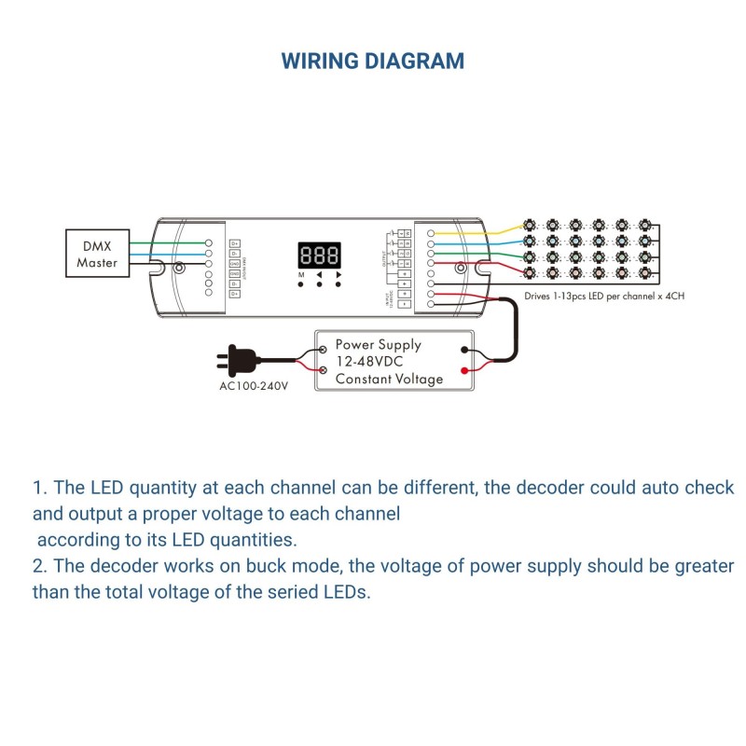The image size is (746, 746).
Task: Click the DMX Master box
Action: pyautogui.click(x=96, y=253)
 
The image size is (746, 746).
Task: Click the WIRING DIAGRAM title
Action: pyautogui.click(x=372, y=62)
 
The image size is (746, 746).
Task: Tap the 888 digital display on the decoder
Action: pyautogui.click(x=319, y=256)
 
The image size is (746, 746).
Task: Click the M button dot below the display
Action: pyautogui.click(x=301, y=284)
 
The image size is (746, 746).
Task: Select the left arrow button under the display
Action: pyautogui.click(x=320, y=284)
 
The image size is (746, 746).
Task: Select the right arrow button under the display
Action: pyautogui.click(x=338, y=284)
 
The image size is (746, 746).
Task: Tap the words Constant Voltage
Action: pyautogui.click(x=389, y=380)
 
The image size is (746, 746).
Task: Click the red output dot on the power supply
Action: pyautogui.click(x=464, y=371)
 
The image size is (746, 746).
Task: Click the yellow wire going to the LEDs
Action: pyautogui.click(x=485, y=229)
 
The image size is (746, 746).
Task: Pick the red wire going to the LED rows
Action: pyautogui.click(x=485, y=264)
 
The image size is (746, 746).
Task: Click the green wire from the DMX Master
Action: pyautogui.click(x=168, y=242)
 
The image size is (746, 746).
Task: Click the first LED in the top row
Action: pyautogui.click(x=530, y=225)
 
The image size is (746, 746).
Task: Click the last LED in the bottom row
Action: pyautogui.click(x=643, y=273)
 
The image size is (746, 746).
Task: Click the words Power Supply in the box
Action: pyautogui.click(x=378, y=344)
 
